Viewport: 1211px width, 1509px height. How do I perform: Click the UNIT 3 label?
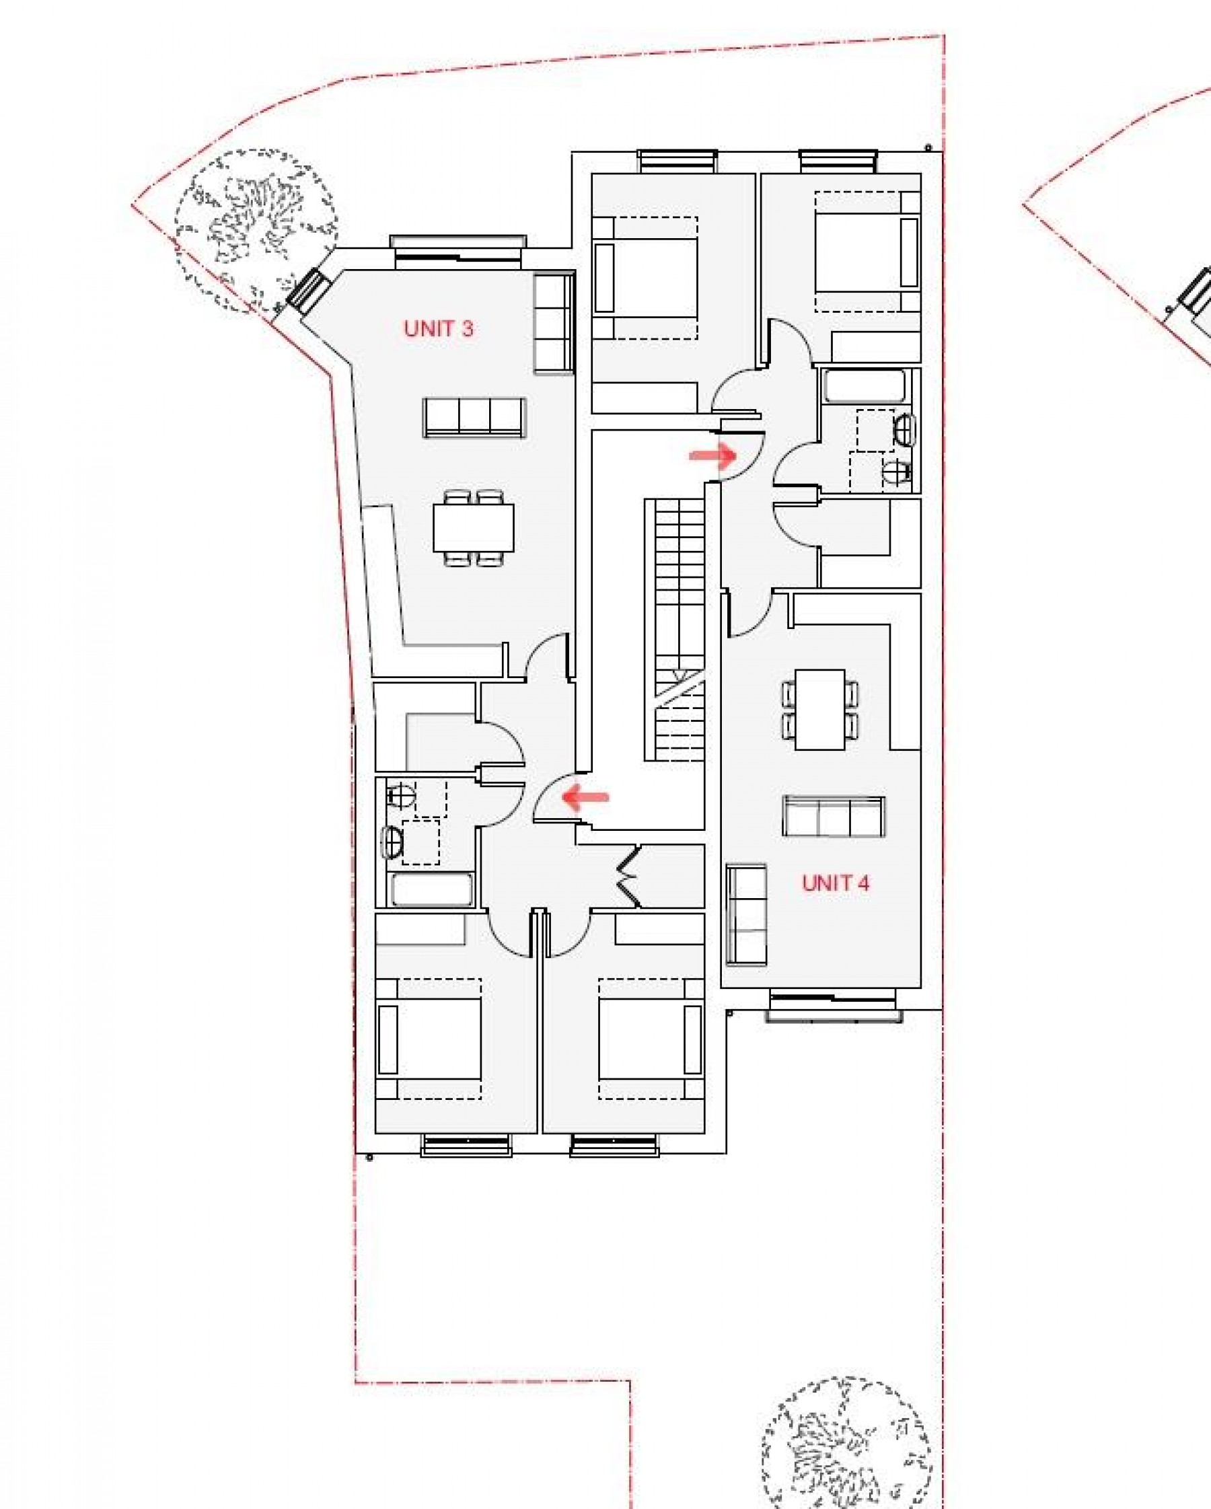[x=438, y=328]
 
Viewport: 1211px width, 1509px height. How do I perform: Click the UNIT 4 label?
[x=835, y=883]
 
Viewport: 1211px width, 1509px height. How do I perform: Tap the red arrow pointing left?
[x=586, y=797]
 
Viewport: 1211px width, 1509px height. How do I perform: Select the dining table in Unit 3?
[x=473, y=527]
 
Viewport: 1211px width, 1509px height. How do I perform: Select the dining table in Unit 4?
[x=819, y=710]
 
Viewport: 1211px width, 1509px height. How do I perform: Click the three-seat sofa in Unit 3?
[x=474, y=417]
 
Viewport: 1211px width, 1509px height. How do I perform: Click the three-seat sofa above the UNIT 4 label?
[x=833, y=816]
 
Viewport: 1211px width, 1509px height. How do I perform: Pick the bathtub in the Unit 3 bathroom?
[x=431, y=890]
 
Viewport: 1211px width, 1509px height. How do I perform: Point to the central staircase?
[x=674, y=630]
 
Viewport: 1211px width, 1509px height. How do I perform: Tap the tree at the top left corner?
[x=255, y=231]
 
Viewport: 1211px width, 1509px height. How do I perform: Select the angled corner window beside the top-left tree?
[x=307, y=292]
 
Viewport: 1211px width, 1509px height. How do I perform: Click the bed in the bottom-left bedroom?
[x=429, y=1039]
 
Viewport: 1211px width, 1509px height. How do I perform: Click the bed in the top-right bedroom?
[x=867, y=252]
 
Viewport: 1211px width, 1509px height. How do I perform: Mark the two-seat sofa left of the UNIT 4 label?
[x=746, y=915]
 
